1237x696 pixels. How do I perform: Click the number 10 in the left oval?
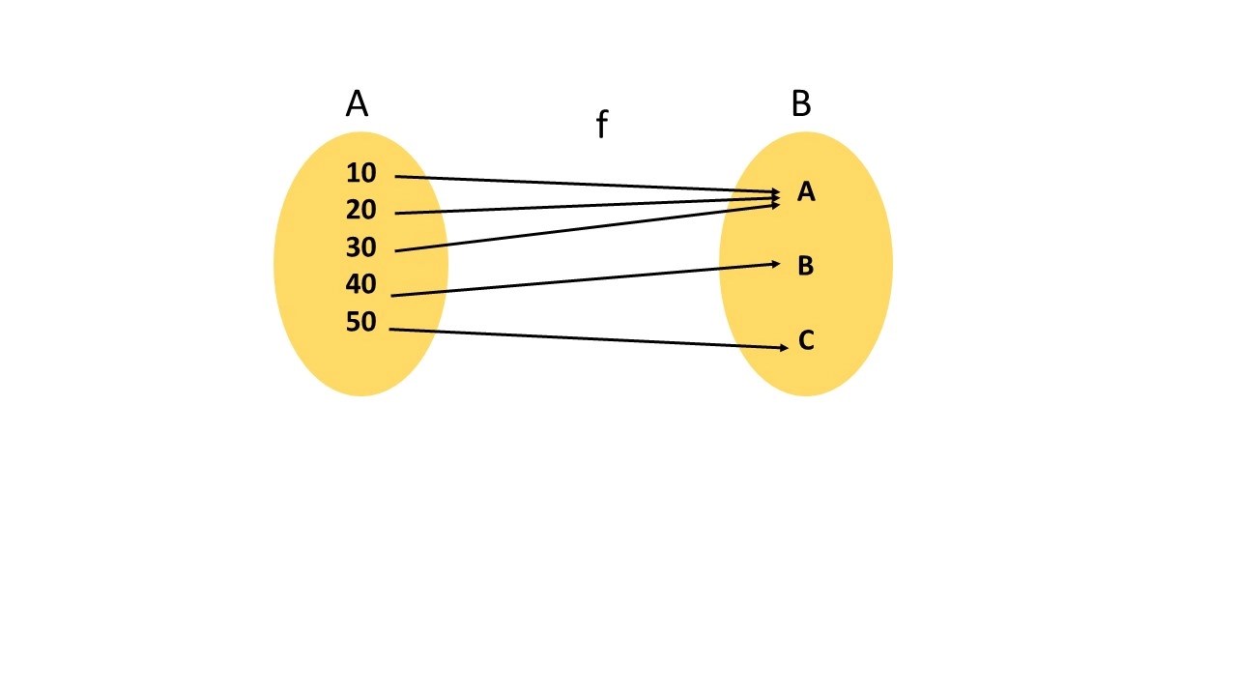(x=360, y=174)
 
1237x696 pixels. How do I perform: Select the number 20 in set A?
(x=360, y=211)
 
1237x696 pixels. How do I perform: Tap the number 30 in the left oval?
(x=360, y=248)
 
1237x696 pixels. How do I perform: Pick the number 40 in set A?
(x=360, y=285)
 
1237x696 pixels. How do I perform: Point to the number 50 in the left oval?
(x=360, y=322)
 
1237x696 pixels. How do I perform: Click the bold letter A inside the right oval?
(x=806, y=193)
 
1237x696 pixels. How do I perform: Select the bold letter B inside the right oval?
(x=806, y=267)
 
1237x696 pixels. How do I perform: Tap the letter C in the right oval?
(x=806, y=341)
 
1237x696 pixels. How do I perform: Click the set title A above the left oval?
(x=357, y=103)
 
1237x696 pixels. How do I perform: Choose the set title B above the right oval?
(x=801, y=103)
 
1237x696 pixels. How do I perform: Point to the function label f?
(x=601, y=125)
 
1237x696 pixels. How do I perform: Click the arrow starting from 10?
(x=580, y=184)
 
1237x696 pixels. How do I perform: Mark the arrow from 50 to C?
(x=580, y=338)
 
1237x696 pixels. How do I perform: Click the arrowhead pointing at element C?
(x=786, y=347)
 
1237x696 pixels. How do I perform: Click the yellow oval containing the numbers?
(x=360, y=367)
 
